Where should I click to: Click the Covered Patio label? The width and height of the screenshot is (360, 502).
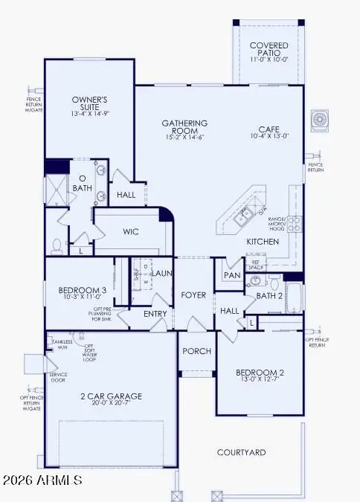pyautogui.click(x=269, y=50)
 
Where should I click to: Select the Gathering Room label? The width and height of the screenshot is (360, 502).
pyautogui.click(x=184, y=127)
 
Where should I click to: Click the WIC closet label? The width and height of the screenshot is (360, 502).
pyautogui.click(x=132, y=232)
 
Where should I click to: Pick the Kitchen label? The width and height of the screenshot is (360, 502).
pyautogui.click(x=263, y=242)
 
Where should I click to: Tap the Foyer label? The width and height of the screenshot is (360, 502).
pyautogui.click(x=193, y=295)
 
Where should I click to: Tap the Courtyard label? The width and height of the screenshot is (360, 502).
pyautogui.click(x=241, y=452)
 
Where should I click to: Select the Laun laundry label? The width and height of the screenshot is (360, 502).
pyautogui.click(x=163, y=273)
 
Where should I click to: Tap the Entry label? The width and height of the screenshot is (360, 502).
pyautogui.click(x=156, y=314)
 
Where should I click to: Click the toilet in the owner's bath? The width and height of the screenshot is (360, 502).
pyautogui.click(x=57, y=242)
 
